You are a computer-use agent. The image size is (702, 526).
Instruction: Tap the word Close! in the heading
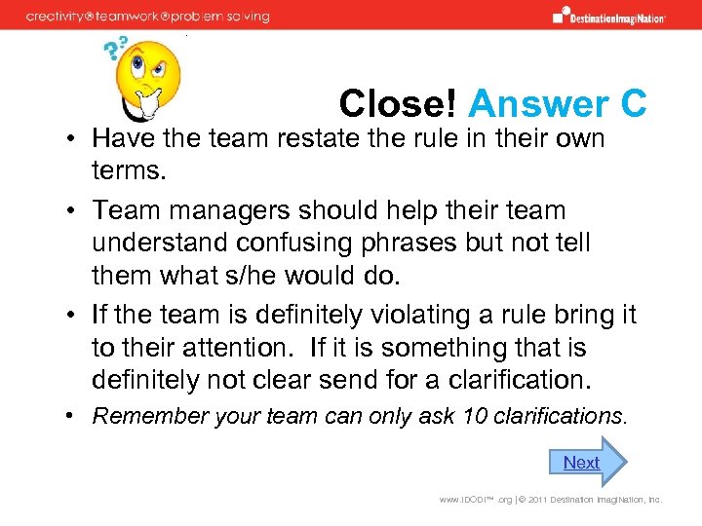coord(399,104)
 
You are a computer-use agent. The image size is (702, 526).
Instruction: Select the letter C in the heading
coord(631,104)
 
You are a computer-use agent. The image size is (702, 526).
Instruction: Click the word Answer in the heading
coord(526,104)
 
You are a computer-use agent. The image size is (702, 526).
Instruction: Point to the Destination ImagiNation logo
coord(608,16)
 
